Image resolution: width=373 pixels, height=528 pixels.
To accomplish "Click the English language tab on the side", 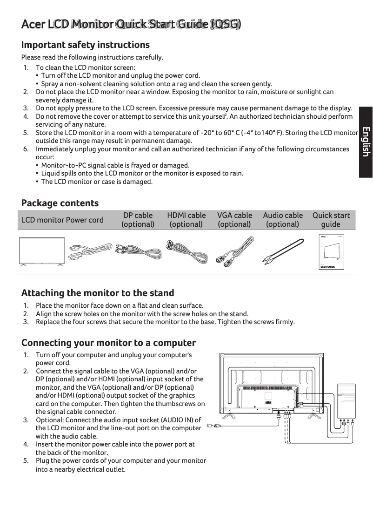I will (x=366, y=142).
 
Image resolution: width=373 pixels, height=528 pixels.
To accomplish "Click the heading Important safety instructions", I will (x=86, y=45).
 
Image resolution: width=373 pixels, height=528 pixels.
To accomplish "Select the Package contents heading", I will (x=60, y=203).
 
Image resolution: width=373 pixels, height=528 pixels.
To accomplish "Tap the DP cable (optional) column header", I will (x=138, y=220).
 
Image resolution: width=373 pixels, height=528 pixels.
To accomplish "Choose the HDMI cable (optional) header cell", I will (x=186, y=220).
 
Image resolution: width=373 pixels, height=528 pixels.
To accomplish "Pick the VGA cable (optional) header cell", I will (x=234, y=220).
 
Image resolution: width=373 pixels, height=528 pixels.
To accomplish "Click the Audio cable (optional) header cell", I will (x=282, y=220).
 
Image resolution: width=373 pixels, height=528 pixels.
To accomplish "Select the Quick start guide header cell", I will (x=331, y=220).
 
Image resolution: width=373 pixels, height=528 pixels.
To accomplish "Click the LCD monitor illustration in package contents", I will (x=42, y=252).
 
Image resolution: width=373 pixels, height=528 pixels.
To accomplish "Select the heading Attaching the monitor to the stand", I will (x=98, y=293).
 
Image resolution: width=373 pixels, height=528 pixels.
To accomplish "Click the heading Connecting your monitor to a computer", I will (x=108, y=343).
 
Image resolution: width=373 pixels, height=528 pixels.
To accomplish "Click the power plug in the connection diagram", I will (x=211, y=426).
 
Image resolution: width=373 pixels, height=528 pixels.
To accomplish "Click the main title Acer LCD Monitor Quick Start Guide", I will (x=131, y=24).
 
